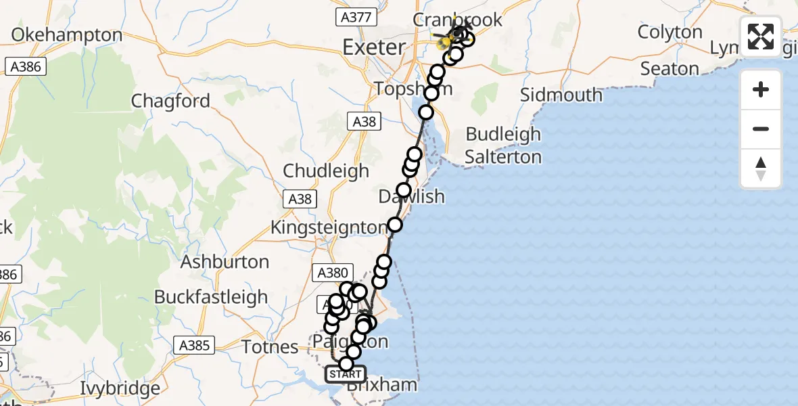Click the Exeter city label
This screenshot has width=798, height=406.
(x=374, y=47)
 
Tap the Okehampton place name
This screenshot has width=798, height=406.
(x=67, y=35)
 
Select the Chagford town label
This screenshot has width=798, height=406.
(x=170, y=101)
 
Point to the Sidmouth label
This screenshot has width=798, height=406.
(x=561, y=95)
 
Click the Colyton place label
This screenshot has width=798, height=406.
(x=670, y=32)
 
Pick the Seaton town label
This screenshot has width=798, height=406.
(x=669, y=69)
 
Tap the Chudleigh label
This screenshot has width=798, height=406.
(x=326, y=171)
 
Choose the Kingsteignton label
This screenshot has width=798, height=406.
(x=329, y=227)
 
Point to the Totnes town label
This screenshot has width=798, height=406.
(x=270, y=347)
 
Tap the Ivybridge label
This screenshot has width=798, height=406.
(x=120, y=388)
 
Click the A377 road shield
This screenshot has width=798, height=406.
(x=355, y=18)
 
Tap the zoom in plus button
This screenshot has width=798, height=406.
(x=761, y=90)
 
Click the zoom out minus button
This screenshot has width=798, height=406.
(x=761, y=129)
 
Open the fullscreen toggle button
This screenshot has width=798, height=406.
(x=761, y=37)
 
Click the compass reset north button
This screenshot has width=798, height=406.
(x=761, y=168)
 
